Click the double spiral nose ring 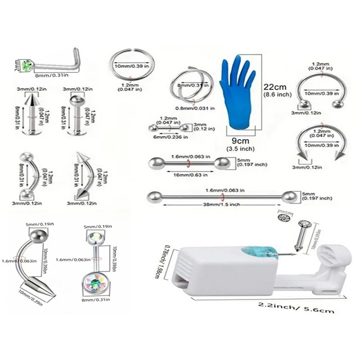189,85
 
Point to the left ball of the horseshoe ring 304,105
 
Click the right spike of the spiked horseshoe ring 340,154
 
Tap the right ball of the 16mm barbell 221,163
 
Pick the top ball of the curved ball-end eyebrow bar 24,156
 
